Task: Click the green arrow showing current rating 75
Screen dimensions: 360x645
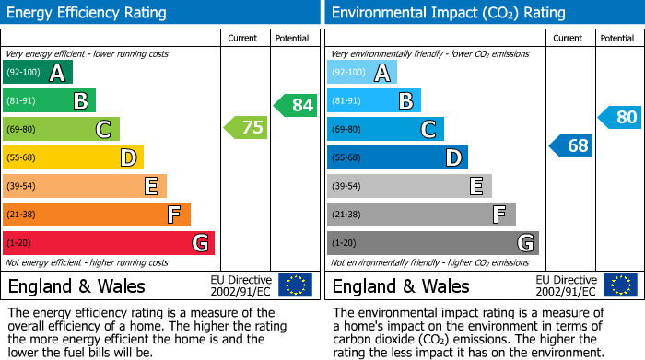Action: click(x=247, y=128)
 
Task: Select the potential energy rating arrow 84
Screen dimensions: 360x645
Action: click(x=296, y=105)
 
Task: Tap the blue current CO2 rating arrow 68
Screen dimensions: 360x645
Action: click(x=571, y=145)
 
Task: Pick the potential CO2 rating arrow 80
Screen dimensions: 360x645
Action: click(x=620, y=117)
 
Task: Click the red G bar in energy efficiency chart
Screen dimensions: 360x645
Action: click(x=108, y=243)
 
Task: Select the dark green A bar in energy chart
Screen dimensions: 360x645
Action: click(x=37, y=73)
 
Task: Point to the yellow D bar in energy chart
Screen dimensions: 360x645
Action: click(x=73, y=157)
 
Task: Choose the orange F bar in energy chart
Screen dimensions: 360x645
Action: click(x=96, y=215)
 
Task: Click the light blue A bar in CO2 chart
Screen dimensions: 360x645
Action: click(x=362, y=73)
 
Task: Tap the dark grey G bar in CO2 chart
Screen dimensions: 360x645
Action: click(x=432, y=243)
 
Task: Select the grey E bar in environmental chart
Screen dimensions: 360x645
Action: click(x=409, y=186)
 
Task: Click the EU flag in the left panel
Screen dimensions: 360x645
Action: click(x=295, y=285)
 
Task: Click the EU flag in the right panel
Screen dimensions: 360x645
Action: click(x=621, y=285)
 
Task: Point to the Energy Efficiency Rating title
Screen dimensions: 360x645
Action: click(x=87, y=13)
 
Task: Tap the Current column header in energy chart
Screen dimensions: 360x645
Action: click(x=242, y=38)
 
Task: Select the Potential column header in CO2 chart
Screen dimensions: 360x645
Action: click(x=616, y=38)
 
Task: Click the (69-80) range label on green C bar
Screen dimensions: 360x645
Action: click(x=22, y=130)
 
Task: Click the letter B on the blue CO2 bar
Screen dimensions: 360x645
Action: click(x=405, y=101)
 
